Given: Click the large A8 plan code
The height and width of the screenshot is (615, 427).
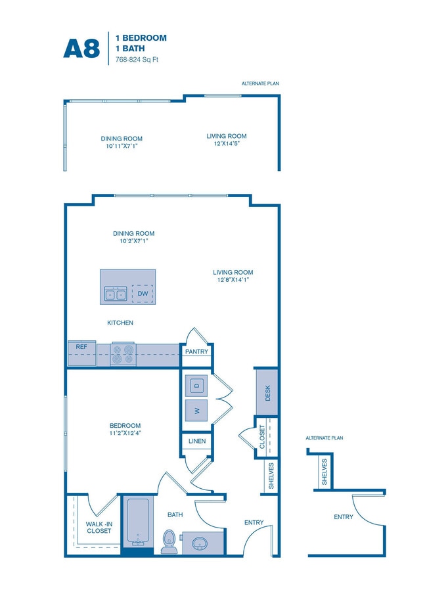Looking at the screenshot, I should (82, 48).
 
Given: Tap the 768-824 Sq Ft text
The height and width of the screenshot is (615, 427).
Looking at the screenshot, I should (138, 60).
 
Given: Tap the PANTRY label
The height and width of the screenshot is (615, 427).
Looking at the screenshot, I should (196, 352).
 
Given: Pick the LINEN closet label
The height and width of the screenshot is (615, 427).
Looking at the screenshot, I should (196, 442).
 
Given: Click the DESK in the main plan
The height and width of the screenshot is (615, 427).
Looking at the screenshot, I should (267, 393).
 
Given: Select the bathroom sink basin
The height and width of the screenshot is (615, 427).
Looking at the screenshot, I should (198, 543).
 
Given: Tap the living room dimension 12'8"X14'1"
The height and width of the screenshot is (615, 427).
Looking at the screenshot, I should (233, 280).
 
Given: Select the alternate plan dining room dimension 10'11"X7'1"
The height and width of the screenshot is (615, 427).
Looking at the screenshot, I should (122, 146).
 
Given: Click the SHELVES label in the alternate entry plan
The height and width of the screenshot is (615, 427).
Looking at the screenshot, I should (325, 471).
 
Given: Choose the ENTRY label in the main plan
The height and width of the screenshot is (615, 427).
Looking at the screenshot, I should (254, 522).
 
